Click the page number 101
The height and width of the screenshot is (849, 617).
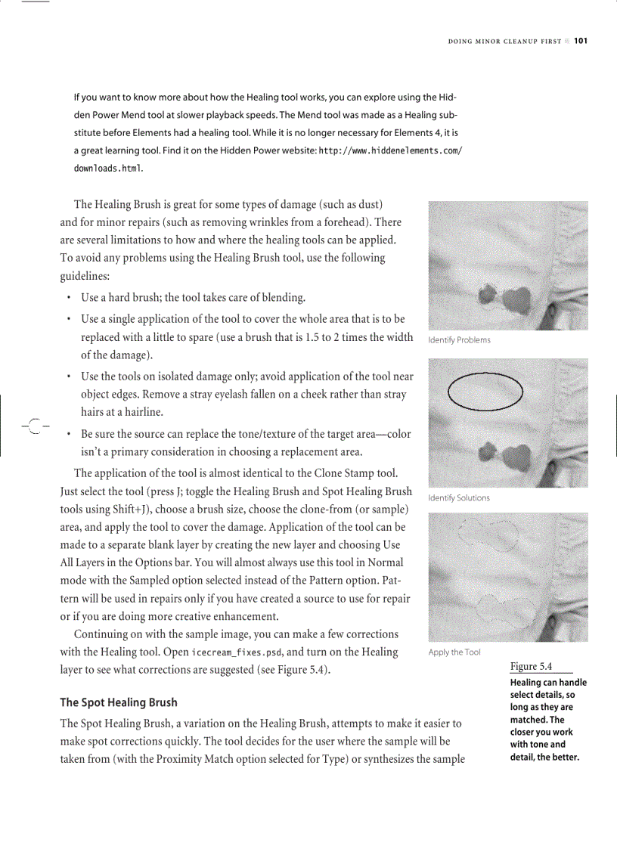coord(580,41)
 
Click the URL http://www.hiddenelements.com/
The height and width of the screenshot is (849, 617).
coord(390,151)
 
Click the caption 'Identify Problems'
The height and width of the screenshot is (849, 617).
coord(459,340)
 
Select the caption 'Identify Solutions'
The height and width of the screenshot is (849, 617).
coord(459,498)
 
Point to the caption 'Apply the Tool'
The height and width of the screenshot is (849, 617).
coord(454,652)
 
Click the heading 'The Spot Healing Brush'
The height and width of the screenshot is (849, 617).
coord(119,702)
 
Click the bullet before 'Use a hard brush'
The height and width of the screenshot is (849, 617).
coord(70,298)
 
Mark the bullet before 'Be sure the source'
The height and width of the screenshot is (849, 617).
coord(70,435)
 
